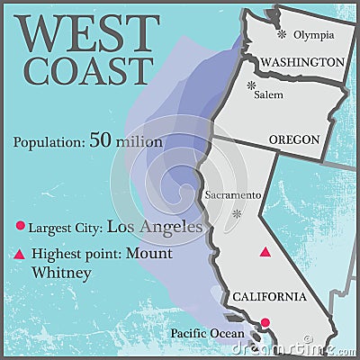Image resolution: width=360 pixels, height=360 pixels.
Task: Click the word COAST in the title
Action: click(89, 70)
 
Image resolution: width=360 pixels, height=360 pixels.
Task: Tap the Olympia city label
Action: click(314, 34)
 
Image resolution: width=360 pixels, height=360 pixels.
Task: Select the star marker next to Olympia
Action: click(282, 34)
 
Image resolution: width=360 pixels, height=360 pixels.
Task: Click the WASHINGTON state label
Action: click(301, 61)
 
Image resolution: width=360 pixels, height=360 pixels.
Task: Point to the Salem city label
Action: click(268, 94)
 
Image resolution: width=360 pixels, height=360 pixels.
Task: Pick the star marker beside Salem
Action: click(251, 85)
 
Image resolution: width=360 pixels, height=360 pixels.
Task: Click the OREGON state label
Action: click(294, 139)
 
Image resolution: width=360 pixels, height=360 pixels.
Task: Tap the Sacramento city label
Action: click(233, 194)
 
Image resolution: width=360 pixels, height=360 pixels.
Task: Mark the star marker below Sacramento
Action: click(238, 214)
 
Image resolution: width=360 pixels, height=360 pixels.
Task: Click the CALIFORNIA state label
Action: click(270, 296)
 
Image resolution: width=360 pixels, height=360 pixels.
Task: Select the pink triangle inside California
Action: click(265, 253)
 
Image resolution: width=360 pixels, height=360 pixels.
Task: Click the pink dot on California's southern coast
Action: click(265, 322)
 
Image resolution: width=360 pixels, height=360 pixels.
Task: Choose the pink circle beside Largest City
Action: click(20, 228)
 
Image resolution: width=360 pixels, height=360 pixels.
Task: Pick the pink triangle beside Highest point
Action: click(20, 254)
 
